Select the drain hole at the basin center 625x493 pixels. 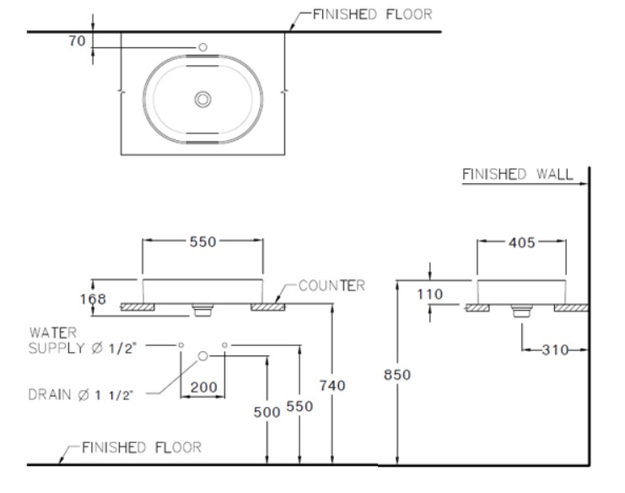coord(202,99)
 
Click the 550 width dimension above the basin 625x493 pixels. coord(203,241)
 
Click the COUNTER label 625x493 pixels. coord(331,285)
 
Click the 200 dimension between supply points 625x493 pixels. coord(203,387)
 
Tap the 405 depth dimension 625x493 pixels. coord(520,241)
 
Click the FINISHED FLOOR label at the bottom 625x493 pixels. coord(141,447)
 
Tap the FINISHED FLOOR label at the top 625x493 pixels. coord(372,14)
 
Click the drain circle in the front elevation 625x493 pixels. coord(202,356)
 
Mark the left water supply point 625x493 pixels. coord(181,345)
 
